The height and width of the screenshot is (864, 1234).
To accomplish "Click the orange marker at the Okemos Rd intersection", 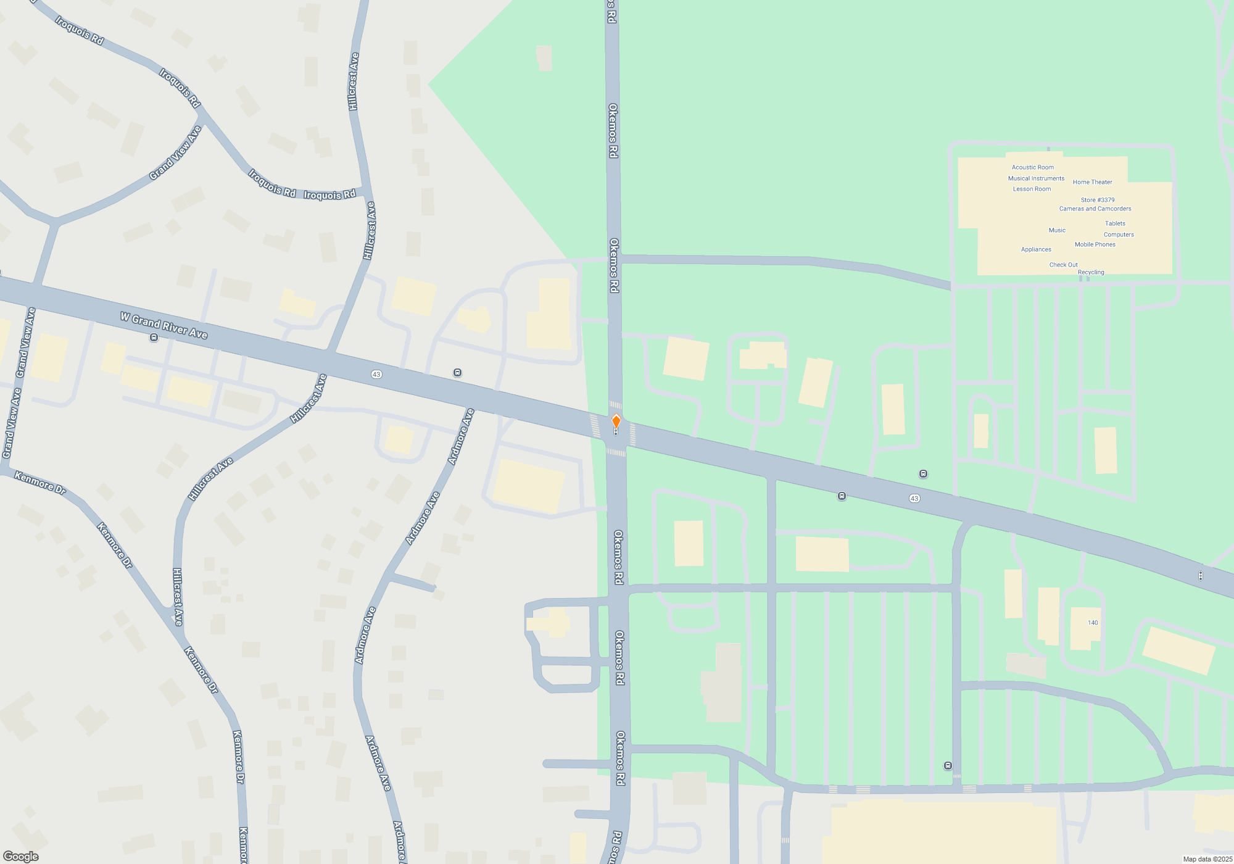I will point(616,422).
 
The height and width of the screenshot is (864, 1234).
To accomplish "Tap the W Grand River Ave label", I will point(164,325).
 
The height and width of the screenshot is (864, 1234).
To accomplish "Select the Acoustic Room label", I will point(1032,167).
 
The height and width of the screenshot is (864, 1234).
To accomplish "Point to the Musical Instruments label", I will point(1036,178).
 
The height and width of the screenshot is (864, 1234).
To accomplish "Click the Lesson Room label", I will point(1032,189).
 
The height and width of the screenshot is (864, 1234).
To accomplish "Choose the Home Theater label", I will point(1092,182).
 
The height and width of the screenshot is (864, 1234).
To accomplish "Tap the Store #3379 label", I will point(1097,200).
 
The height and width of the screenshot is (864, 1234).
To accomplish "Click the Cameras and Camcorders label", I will point(1095,209).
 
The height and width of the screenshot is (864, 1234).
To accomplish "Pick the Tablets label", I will point(1115,223).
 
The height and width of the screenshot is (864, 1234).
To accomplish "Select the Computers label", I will point(1119,235).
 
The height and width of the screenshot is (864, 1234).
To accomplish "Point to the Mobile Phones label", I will point(1095,244).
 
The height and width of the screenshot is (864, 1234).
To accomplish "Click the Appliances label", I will point(1036,249).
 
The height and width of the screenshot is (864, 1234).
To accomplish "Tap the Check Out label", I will point(1063,265).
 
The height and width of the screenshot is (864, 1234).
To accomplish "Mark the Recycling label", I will point(1091,272).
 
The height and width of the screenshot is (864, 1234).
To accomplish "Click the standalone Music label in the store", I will point(1057,230).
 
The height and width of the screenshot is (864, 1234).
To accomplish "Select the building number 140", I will point(1093,623).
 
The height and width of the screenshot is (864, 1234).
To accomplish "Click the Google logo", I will point(21,857).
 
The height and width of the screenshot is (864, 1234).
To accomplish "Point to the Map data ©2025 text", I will point(1207,859).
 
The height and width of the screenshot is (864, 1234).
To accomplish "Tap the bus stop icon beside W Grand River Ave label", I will point(154,338).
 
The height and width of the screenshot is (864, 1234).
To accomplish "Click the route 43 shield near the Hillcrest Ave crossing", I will point(376,375).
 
